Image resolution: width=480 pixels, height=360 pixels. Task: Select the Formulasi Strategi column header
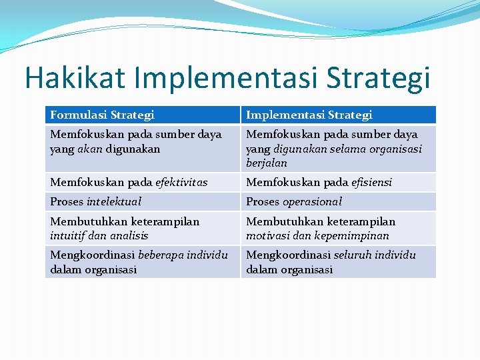102,115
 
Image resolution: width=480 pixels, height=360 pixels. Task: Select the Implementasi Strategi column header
309,115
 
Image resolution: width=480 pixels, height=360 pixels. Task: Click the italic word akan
85,149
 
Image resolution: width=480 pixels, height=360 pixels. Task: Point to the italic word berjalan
267,163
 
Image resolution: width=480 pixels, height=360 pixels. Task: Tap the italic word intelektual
114,201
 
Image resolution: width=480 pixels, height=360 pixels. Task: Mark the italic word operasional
312,201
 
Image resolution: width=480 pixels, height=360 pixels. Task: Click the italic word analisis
130,235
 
